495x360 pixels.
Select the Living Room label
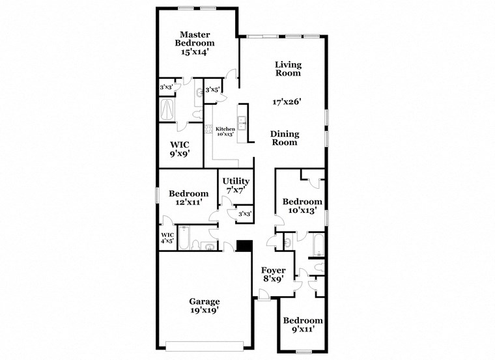coord(287,68)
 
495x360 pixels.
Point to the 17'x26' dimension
coord(287,102)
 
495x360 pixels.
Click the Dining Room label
coord(285,138)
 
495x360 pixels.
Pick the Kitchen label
coord(225,129)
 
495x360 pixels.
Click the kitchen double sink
coord(242,123)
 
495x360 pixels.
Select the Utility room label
coord(234,181)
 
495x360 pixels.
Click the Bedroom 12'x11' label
coord(189,198)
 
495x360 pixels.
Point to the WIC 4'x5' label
coord(167,238)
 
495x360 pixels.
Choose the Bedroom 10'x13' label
coord(302,206)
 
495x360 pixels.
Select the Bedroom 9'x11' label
coord(302,325)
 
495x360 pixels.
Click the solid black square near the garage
coord(244,245)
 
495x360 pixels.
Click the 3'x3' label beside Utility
coord(244,214)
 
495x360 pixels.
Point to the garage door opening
coord(205,344)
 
